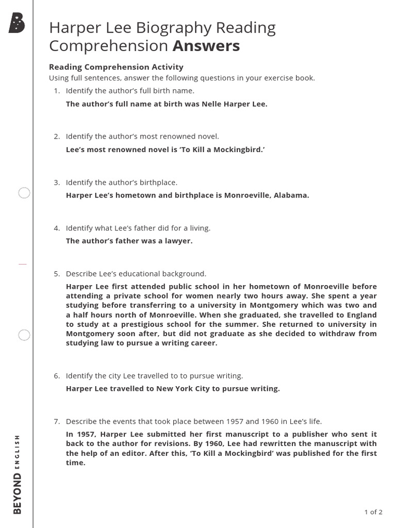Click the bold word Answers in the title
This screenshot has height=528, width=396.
click(206, 46)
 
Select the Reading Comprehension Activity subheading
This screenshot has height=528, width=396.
click(116, 67)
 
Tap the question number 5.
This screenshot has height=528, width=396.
click(56, 274)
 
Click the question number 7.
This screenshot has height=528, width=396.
click(56, 421)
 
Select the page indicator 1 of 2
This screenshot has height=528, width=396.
click(373, 512)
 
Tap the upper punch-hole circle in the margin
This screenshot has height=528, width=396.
click(24, 193)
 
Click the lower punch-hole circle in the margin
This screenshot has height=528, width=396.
click(24, 335)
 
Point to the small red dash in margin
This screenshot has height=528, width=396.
click(22, 264)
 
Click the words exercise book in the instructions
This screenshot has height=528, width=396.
click(291, 78)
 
